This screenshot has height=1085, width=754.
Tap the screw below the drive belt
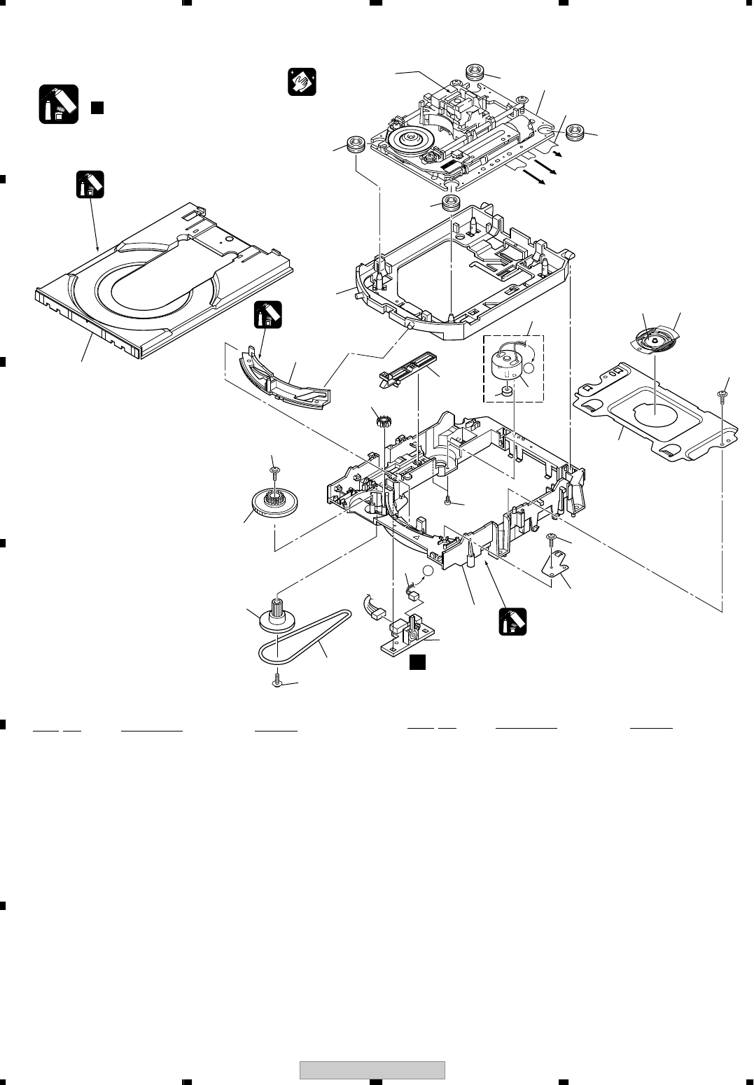[x=277, y=679]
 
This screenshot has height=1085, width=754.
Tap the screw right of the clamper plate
[x=722, y=397]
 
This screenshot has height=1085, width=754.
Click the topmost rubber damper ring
[x=477, y=71]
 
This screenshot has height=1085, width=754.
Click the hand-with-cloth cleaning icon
[x=302, y=82]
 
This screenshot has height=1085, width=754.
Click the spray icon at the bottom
[x=512, y=622]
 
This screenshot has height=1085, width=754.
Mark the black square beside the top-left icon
[x=97, y=107]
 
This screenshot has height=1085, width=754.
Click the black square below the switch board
[x=417, y=661]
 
